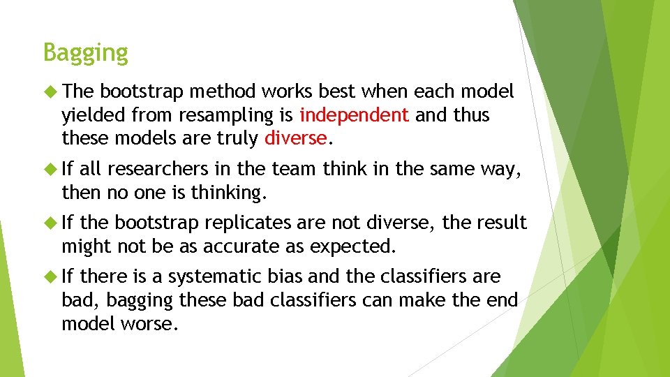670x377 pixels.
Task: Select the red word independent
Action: click(354, 114)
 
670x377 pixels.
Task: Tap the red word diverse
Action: click(295, 138)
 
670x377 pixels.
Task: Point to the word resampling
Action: click(217, 115)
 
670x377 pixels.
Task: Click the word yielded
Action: click(93, 114)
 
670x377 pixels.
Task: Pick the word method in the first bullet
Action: click(221, 91)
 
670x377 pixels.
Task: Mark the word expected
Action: click(352, 246)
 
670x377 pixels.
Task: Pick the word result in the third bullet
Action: click(501, 223)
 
